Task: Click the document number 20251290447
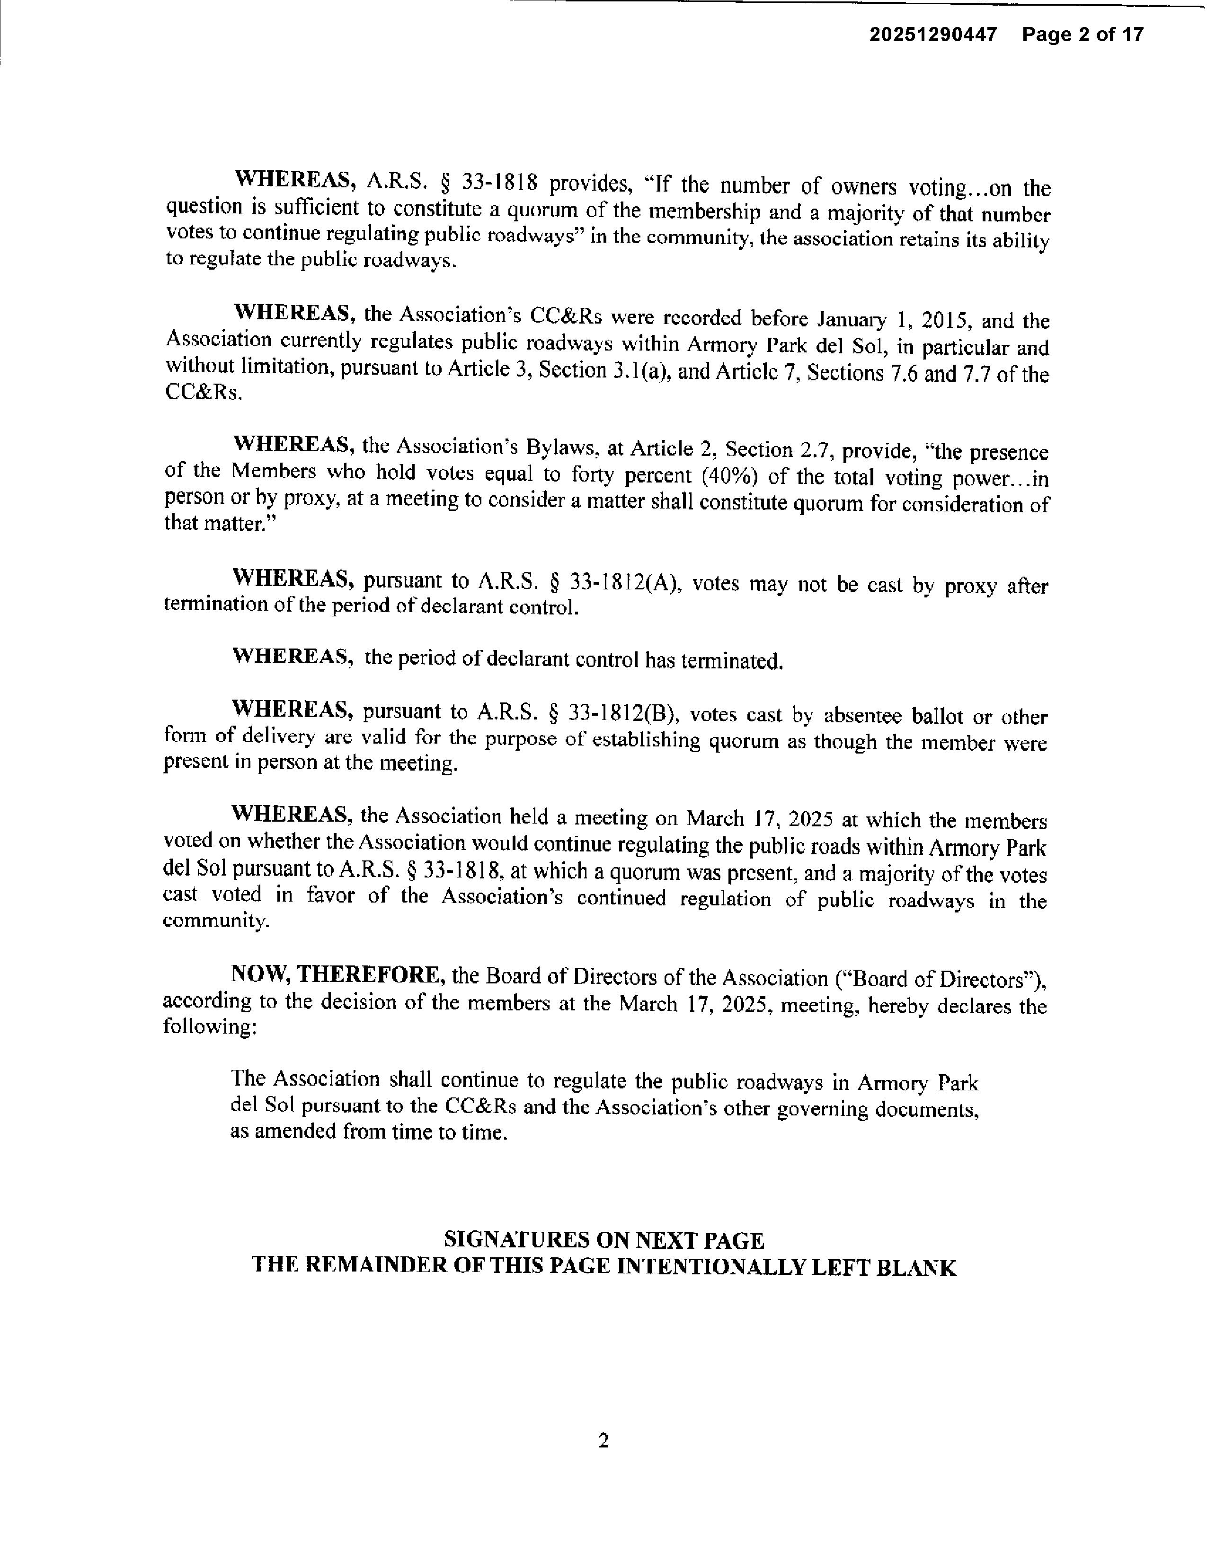(932, 35)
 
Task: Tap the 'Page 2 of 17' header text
(1083, 35)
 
